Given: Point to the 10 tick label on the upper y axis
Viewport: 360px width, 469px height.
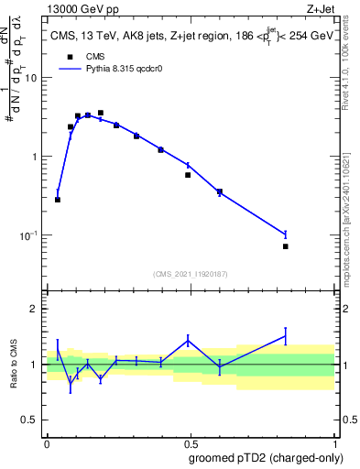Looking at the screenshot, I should point(30,78).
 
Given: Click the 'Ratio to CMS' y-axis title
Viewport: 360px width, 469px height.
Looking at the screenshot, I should point(14,365).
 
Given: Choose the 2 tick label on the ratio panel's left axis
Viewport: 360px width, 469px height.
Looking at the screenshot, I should point(34,309).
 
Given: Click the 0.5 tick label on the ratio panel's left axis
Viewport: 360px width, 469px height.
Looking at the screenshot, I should point(29,420).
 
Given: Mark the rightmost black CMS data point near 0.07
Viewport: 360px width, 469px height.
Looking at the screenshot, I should point(286,246).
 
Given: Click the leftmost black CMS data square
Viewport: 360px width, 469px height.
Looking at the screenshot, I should point(58,200).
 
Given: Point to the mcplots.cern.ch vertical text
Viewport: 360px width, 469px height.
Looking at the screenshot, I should point(351,224).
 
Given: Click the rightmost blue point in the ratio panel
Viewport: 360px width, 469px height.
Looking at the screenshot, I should point(286,336).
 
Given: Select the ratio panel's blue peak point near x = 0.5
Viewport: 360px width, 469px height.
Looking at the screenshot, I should point(188,341).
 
